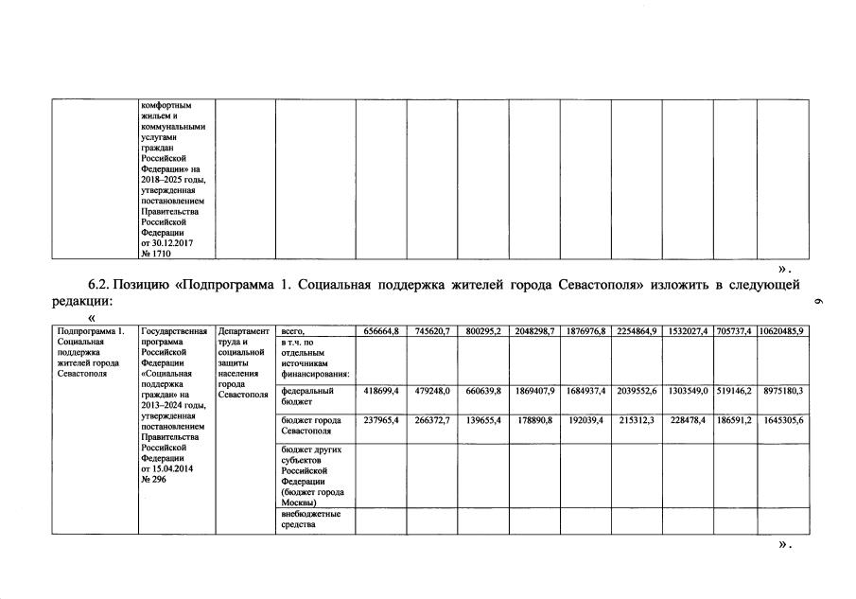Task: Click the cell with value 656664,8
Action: (382, 330)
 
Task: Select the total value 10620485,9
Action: (782, 330)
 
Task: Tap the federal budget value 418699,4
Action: (382, 390)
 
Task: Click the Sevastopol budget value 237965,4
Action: (382, 419)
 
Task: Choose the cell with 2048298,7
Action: (535, 330)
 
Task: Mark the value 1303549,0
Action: (688, 390)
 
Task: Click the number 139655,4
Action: (484, 419)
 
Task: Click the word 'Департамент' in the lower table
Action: (244, 331)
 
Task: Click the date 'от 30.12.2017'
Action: (166, 243)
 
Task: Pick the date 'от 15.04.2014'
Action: (166, 468)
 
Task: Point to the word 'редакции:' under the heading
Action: (80, 301)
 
